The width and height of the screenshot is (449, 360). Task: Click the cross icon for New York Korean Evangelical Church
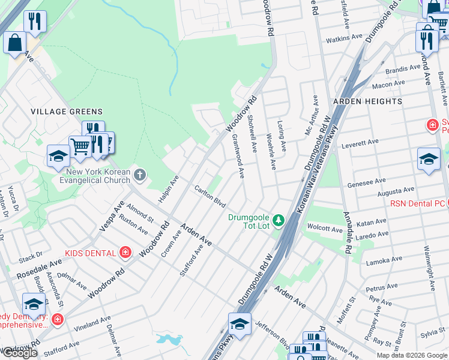139,175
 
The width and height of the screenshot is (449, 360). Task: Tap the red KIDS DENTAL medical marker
125,252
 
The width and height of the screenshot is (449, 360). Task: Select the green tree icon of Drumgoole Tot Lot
278,221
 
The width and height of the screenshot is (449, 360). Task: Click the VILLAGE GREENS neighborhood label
67,112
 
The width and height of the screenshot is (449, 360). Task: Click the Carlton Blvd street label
209,196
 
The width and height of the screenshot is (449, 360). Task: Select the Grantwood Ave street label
238,156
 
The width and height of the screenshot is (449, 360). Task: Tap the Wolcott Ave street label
324,228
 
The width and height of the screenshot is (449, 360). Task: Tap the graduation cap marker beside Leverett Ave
429,158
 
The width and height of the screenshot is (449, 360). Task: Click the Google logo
19,353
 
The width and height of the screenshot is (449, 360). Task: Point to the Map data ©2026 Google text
411,355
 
